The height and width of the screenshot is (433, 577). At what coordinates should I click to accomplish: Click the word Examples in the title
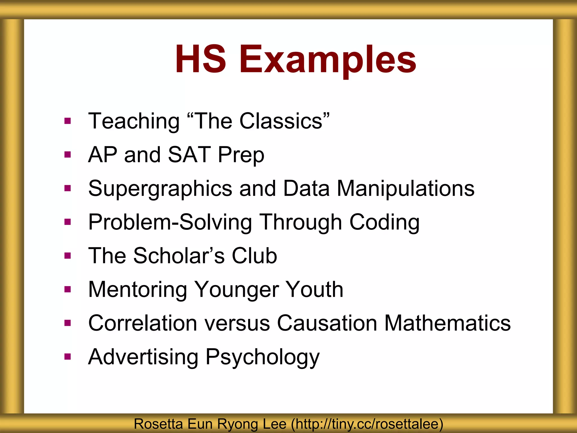pyautogui.click(x=328, y=60)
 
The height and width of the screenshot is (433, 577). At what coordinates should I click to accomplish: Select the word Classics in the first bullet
pyautogui.click(x=284, y=121)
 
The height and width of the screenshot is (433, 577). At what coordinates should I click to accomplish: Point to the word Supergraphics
pyautogui.click(x=160, y=189)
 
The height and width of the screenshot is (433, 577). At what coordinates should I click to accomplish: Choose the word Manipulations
pyautogui.click(x=406, y=188)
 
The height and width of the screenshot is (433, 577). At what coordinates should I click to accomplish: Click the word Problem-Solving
pyautogui.click(x=170, y=222)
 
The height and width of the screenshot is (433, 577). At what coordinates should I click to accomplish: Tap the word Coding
pyautogui.click(x=384, y=222)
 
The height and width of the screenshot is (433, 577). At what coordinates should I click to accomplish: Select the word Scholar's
pyautogui.click(x=179, y=256)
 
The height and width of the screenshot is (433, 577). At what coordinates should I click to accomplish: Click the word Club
pyautogui.click(x=254, y=256)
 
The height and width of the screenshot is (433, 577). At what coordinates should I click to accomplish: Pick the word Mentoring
pyautogui.click(x=138, y=290)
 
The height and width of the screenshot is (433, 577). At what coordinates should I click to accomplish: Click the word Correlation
pyautogui.click(x=143, y=323)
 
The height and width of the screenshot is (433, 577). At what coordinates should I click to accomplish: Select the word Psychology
pyautogui.click(x=263, y=357)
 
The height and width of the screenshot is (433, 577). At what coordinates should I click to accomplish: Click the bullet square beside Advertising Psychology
pyautogui.click(x=67, y=357)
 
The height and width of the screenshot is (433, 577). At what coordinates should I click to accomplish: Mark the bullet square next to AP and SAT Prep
pyautogui.click(x=67, y=154)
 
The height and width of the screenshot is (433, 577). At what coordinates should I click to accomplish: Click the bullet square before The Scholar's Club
pyautogui.click(x=67, y=256)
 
